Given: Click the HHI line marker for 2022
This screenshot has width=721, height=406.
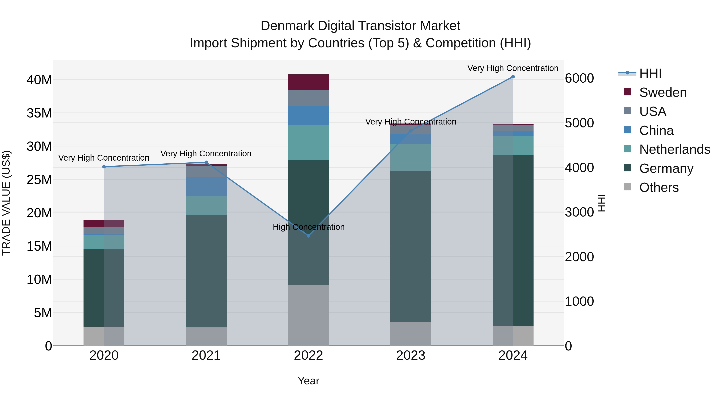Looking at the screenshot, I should tap(308, 236).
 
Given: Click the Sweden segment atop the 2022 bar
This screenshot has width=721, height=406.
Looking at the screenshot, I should tap(308, 82).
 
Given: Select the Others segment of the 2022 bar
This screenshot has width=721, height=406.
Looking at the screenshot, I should tap(308, 315).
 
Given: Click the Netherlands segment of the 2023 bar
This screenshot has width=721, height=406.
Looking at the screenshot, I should tap(411, 157).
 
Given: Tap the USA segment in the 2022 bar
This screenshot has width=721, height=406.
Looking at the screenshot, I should tap(308, 98).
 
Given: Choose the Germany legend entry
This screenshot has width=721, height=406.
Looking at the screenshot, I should tap(666, 168).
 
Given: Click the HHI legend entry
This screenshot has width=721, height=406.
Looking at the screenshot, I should tap(650, 73).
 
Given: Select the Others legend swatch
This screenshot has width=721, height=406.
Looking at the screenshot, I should tap(627, 187).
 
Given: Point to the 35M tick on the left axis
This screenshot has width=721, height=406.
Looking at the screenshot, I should tap(39, 113).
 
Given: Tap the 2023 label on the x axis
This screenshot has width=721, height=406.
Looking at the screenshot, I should tap(411, 355).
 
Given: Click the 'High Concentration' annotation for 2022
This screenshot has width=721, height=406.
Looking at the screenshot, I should tap(308, 227).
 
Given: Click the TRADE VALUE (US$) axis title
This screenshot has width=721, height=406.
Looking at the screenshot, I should tap(6, 203).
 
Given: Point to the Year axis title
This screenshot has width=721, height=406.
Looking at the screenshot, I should tap(308, 381).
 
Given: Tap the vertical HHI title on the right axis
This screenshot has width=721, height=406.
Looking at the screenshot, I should tap(601, 203).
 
